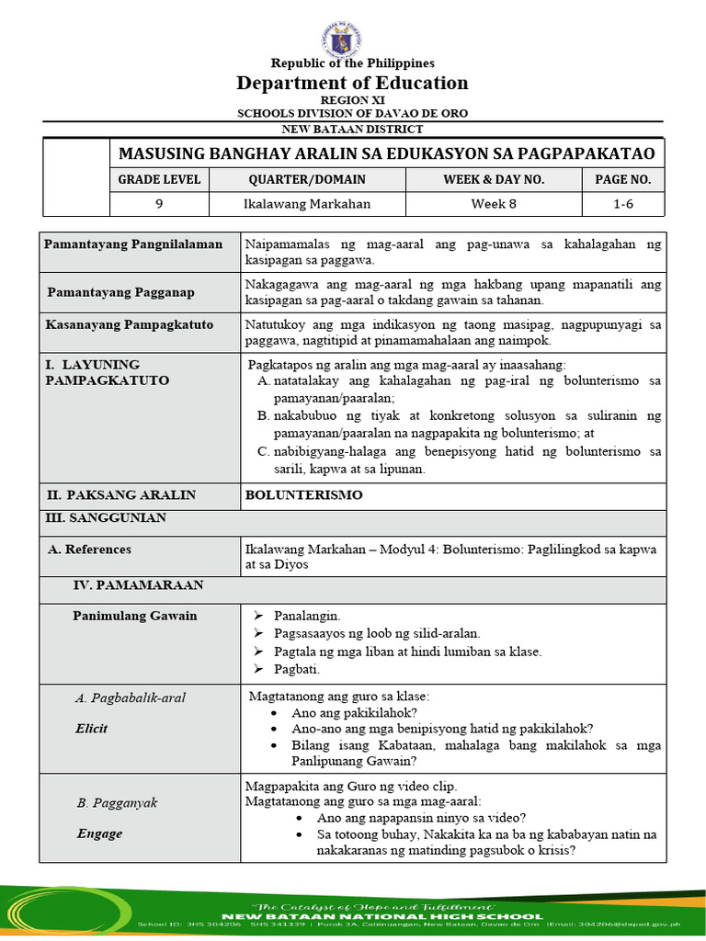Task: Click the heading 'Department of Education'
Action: pyautogui.click(x=353, y=83)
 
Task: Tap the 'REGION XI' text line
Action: pyautogui.click(x=353, y=99)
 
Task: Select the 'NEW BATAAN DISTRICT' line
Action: pyautogui.click(x=353, y=130)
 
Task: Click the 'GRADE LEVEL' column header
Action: pyautogui.click(x=158, y=179)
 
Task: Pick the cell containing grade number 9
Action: pyautogui.click(x=158, y=204)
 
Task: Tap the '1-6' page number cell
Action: pyautogui.click(x=623, y=204)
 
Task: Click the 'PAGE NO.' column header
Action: pyautogui.click(x=623, y=179)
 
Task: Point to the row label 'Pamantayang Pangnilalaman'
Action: pyautogui.click(x=134, y=244)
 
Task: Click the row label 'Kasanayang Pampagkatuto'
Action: pyautogui.click(x=130, y=324)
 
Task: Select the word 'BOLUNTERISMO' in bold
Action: pyautogui.click(x=303, y=494)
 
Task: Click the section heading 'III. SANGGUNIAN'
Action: pyautogui.click(x=106, y=518)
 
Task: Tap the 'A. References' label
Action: pyautogui.click(x=89, y=550)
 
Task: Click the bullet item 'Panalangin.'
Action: pyautogui.click(x=307, y=616)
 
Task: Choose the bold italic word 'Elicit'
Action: pyautogui.click(x=92, y=729)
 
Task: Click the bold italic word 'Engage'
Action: pyautogui.click(x=99, y=833)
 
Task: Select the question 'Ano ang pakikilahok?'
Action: pyautogui.click(x=355, y=712)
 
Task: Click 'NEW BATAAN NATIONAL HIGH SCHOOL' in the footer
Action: pyautogui.click(x=353, y=915)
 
